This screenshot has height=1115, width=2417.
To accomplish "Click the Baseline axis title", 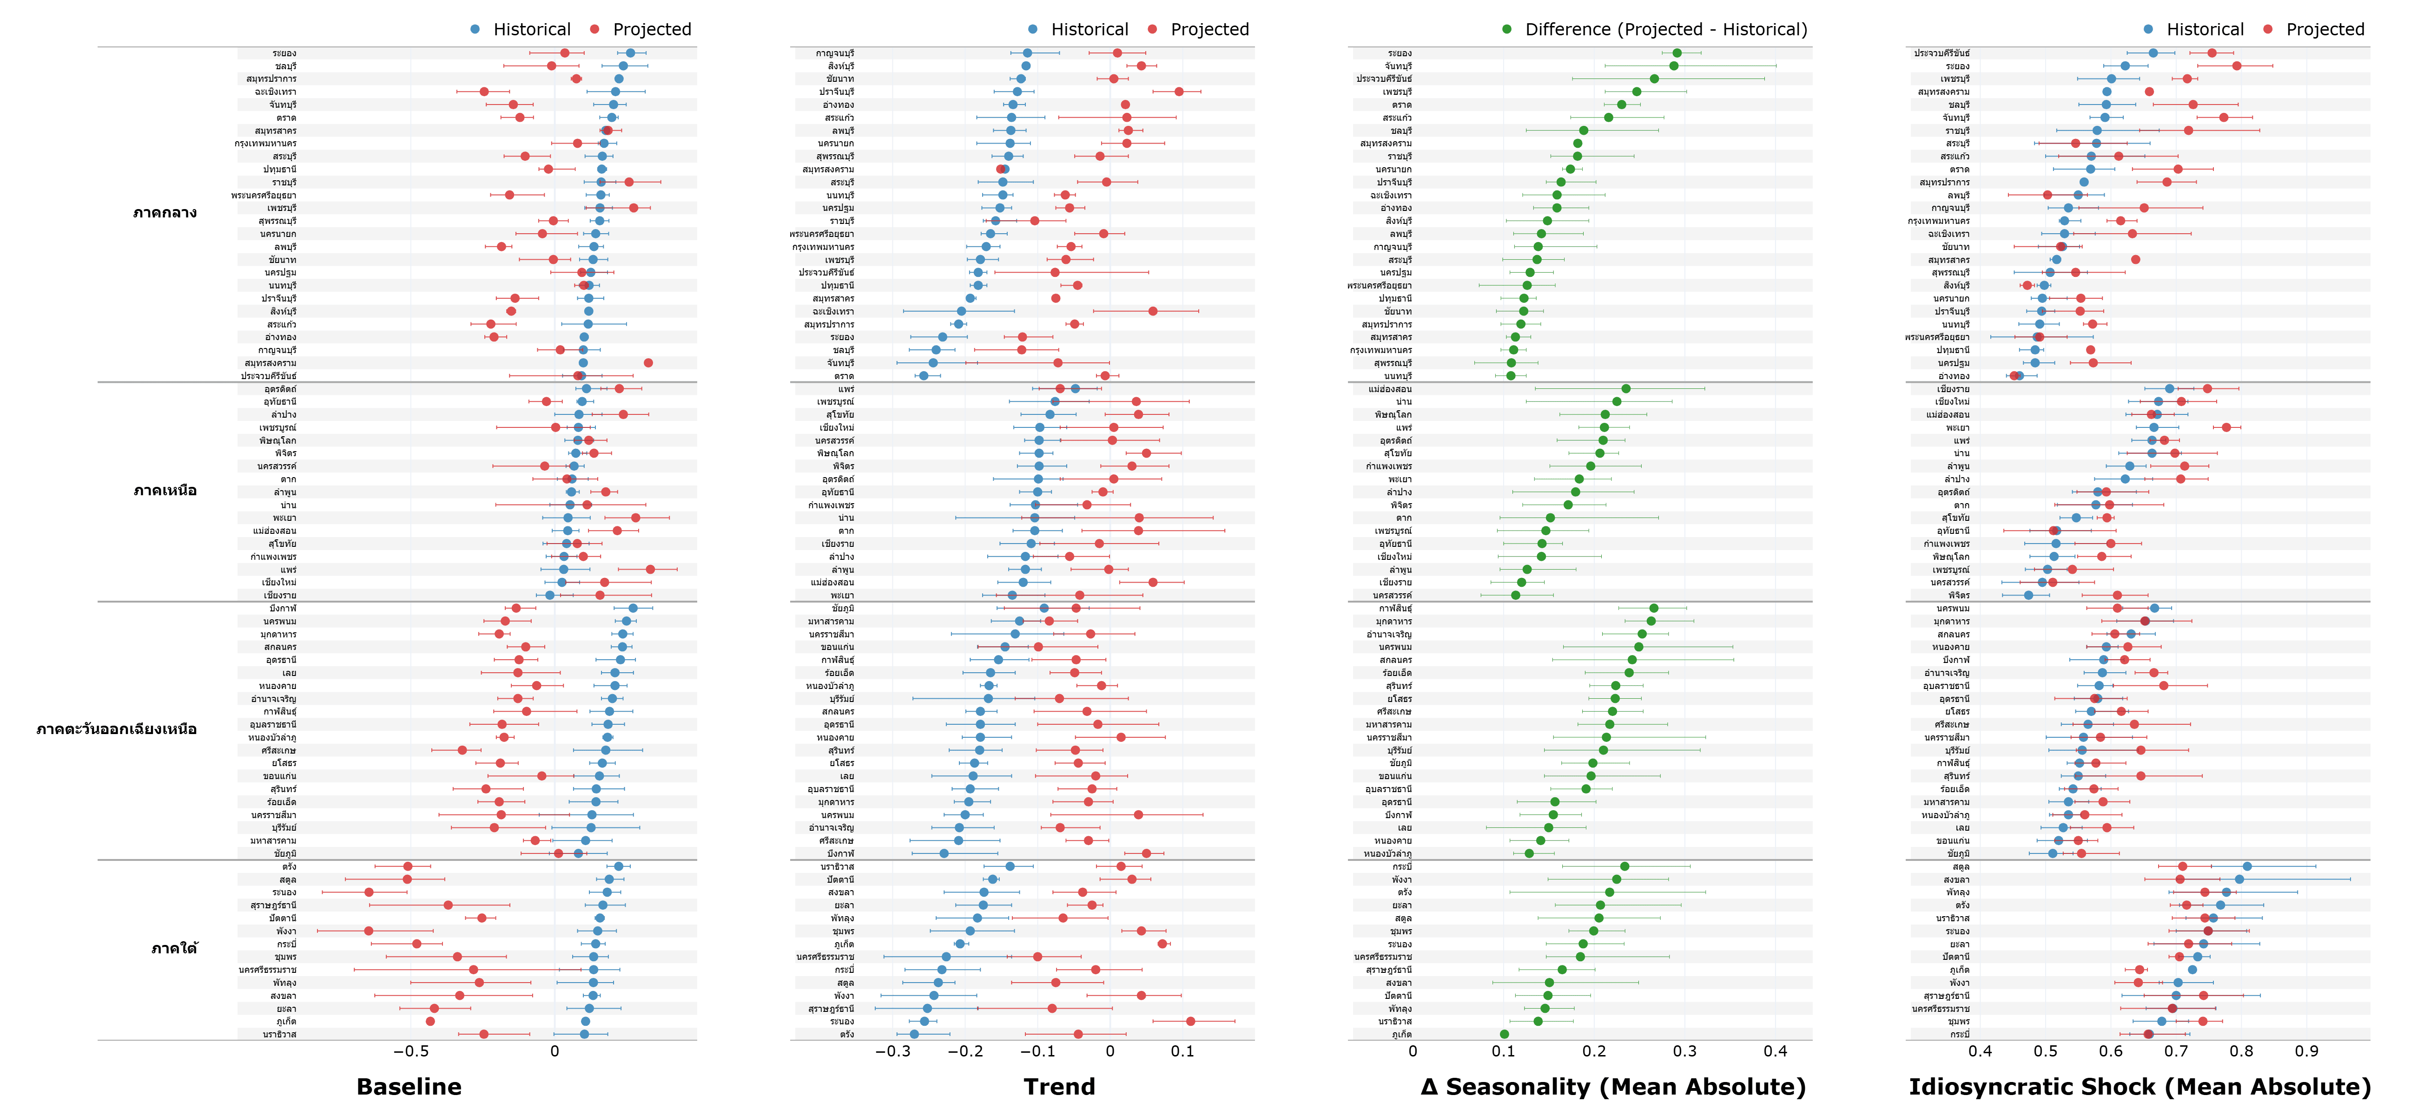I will click(x=409, y=1087).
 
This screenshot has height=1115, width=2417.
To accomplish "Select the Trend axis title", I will click(x=1059, y=1087).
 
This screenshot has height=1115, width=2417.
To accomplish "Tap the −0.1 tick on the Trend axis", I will click(x=1037, y=1051).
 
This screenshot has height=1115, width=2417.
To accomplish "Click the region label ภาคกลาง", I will click(x=165, y=213).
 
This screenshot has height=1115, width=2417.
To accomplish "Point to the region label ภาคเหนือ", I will click(x=165, y=491).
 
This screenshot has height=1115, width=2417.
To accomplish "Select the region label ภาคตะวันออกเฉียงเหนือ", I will click(x=116, y=729).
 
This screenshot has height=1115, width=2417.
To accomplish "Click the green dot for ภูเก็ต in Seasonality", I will click(x=1504, y=1034).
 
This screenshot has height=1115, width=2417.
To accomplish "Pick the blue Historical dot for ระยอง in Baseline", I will click(x=631, y=53).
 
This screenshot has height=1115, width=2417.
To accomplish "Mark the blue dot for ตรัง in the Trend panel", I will click(x=915, y=1034).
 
